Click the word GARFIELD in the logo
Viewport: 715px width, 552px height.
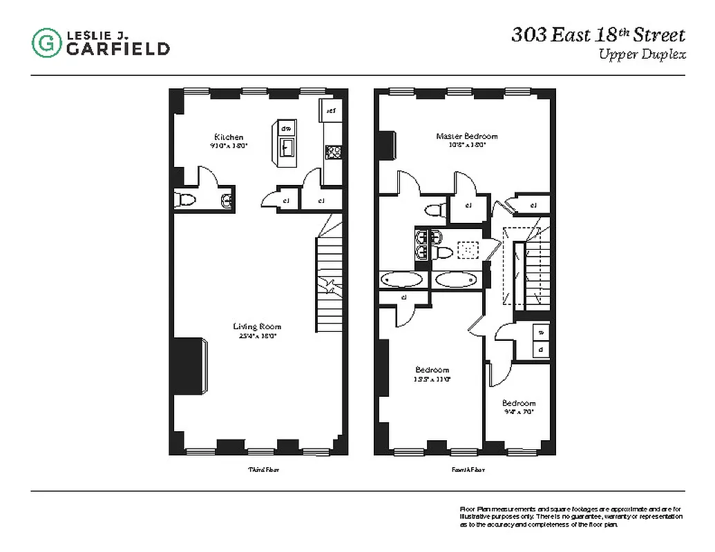pyautogui.click(x=118, y=48)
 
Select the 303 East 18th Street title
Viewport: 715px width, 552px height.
pyautogui.click(x=598, y=35)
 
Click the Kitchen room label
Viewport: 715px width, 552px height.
pyautogui.click(x=229, y=137)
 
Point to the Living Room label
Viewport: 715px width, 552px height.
pyautogui.click(x=256, y=326)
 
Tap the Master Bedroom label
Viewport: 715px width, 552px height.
pyautogui.click(x=466, y=136)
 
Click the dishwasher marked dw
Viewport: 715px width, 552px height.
pyautogui.click(x=287, y=128)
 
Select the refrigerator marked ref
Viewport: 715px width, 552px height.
pyautogui.click(x=331, y=110)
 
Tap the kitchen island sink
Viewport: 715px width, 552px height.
pyautogui.click(x=287, y=147)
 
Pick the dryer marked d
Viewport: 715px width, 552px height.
pyautogui.click(x=540, y=349)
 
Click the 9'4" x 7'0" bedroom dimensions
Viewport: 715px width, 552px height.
pyautogui.click(x=519, y=412)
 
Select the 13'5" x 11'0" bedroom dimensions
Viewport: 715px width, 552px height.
pyautogui.click(x=432, y=379)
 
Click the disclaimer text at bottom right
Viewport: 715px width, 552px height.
pyautogui.click(x=570, y=517)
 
